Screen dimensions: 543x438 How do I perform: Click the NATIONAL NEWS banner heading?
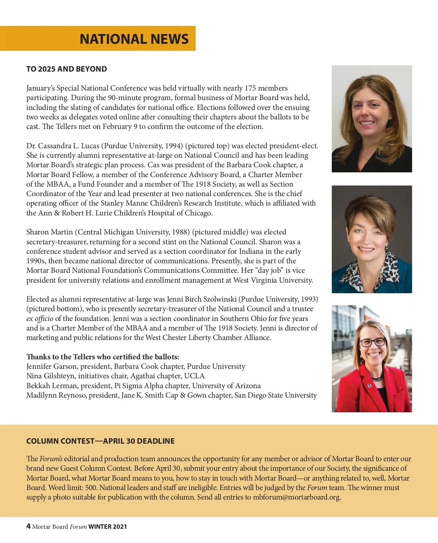pyautogui.click(x=134, y=39)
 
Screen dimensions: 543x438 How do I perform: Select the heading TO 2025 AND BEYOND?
pyautogui.click(x=66, y=69)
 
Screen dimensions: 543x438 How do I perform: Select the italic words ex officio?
pyautogui.click(x=40, y=318)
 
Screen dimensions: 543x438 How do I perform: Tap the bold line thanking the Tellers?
pyautogui.click(x=103, y=357)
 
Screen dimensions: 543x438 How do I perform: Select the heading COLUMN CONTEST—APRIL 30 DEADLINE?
pyautogui.click(x=100, y=441)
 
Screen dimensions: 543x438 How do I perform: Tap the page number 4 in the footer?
pyautogui.click(x=28, y=526)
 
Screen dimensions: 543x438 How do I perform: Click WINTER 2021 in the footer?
pyautogui.click(x=108, y=527)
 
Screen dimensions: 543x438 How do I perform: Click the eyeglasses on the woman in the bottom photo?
pyautogui.click(x=373, y=343)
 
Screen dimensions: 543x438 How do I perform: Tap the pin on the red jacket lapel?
pyautogui.click(x=370, y=385)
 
